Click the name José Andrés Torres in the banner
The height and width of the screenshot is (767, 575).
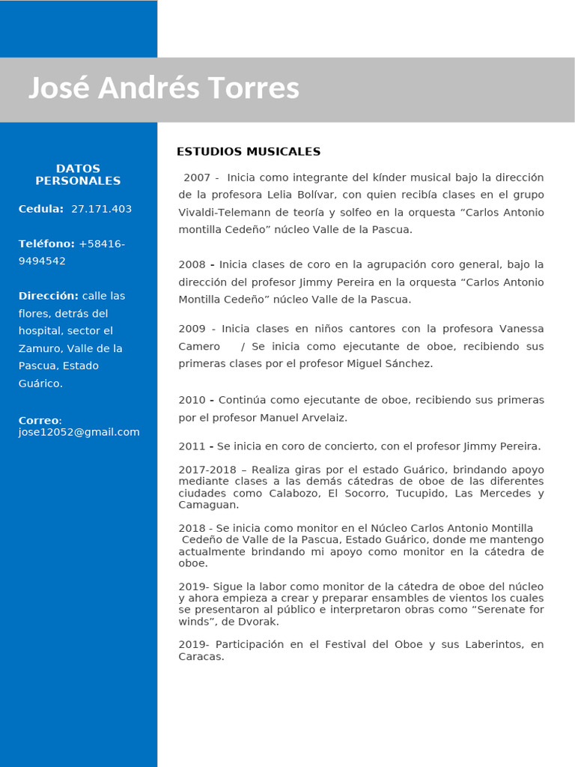[163, 88]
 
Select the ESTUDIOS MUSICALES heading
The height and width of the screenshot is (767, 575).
[249, 152]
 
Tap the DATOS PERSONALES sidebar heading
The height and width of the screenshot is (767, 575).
[78, 175]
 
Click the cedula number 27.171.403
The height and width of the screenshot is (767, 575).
[101, 209]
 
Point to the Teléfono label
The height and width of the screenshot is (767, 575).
[46, 244]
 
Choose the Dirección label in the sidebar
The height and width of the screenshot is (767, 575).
[48, 296]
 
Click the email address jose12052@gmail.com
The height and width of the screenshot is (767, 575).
[79, 432]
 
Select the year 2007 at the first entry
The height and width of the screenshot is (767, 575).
[197, 178]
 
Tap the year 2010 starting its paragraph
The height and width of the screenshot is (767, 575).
[192, 400]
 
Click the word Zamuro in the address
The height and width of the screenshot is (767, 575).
[37, 349]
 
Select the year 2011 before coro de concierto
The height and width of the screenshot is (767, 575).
[192, 446]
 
